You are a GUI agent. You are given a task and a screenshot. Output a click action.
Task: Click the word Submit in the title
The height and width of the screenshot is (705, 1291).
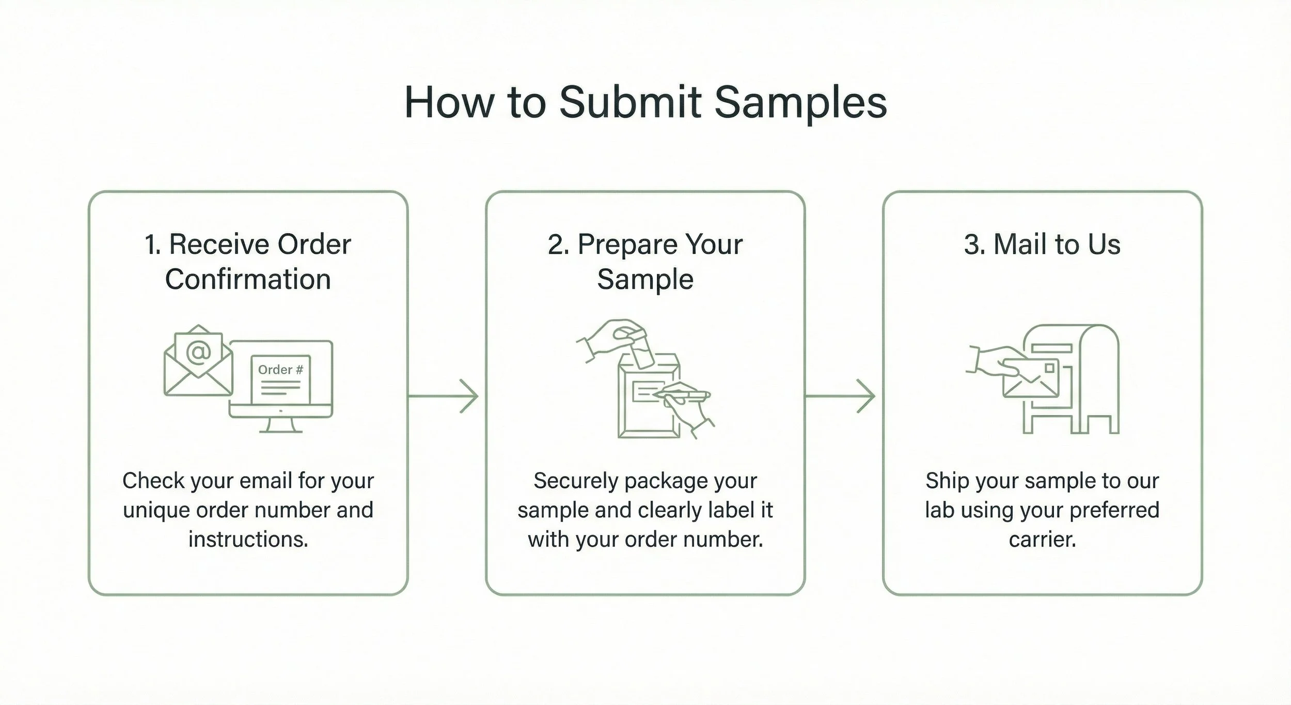[630, 102]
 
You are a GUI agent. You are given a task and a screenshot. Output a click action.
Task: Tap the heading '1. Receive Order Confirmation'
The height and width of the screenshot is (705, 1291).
[248, 262]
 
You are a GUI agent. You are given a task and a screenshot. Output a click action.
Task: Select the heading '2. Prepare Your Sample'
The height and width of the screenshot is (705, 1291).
[645, 262]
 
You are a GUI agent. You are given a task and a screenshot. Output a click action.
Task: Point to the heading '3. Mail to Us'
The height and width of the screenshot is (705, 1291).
[1042, 244]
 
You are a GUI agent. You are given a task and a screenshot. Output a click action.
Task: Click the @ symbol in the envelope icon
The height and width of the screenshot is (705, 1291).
[199, 352]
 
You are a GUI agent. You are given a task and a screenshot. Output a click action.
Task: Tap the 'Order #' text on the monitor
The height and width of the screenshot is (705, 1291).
[280, 370]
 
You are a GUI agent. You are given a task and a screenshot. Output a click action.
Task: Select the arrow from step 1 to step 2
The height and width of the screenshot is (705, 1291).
[444, 396]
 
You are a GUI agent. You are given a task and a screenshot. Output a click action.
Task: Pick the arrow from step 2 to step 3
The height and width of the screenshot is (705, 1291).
[841, 396]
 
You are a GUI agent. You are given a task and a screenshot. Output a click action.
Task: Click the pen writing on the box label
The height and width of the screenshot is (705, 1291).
[682, 395]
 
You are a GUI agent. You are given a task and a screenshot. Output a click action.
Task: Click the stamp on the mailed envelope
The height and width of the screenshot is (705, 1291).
[1049, 367]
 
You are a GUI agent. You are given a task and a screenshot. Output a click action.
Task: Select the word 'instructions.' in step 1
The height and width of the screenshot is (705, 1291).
[248, 539]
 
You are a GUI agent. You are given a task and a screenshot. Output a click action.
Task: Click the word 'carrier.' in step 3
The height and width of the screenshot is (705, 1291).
[1042, 539]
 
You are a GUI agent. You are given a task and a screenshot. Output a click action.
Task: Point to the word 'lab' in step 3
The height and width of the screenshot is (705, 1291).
[939, 510]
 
